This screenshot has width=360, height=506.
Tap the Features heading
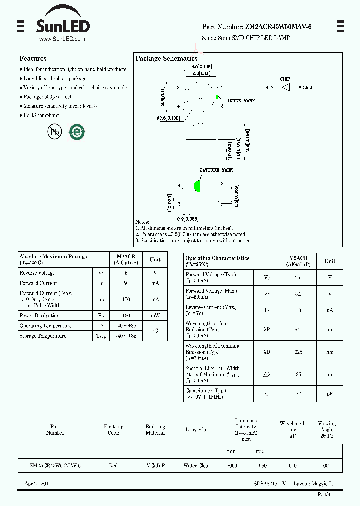pyautogui.click(x=33, y=58)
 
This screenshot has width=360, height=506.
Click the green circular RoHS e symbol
pyautogui.click(x=77, y=131)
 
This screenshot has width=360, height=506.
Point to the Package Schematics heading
pyautogui.click(x=166, y=59)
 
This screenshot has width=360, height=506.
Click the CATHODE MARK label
pyautogui.click(x=216, y=170)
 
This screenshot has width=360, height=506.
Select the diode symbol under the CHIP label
pyautogui.click(x=286, y=87)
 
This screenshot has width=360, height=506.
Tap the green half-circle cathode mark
pyautogui.click(x=197, y=186)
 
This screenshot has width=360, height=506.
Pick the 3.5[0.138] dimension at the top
pyautogui.click(x=202, y=66)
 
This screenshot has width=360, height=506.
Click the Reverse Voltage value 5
pyautogui.click(x=126, y=273)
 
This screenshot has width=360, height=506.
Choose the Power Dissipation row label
pyautogui.click(x=39, y=316)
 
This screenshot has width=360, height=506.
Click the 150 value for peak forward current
pyautogui.click(x=126, y=299)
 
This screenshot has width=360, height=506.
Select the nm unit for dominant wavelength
pyautogui.click(x=330, y=352)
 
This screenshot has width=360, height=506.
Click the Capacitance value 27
pyautogui.click(x=298, y=394)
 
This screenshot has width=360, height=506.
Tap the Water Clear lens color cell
pyautogui.click(x=197, y=465)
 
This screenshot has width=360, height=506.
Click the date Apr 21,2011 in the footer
pyautogui.click(x=38, y=484)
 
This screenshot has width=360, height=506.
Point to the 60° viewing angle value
pyautogui.click(x=326, y=465)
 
